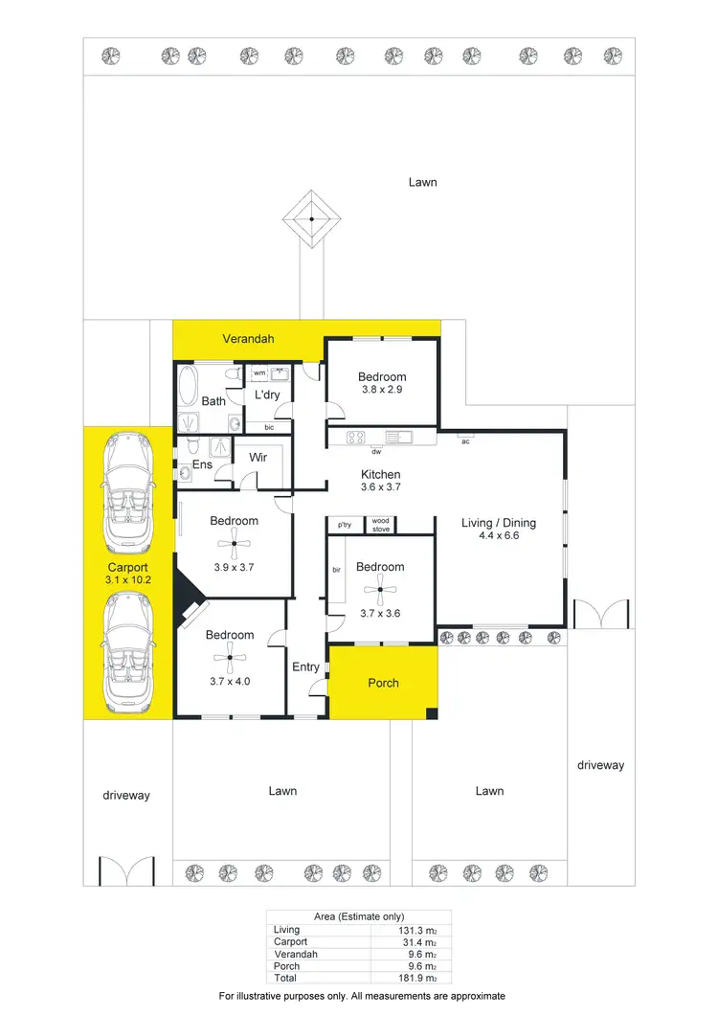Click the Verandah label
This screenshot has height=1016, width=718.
(x=248, y=339)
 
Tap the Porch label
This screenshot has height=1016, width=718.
(x=383, y=683)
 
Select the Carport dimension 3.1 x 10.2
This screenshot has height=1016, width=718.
(x=127, y=580)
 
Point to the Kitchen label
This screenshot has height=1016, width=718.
(x=380, y=474)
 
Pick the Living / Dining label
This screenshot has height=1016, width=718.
(x=499, y=523)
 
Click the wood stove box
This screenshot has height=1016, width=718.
(x=381, y=525)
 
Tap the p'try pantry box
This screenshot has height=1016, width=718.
(x=345, y=525)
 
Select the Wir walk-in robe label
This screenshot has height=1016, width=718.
(x=258, y=458)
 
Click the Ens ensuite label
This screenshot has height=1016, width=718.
(x=202, y=464)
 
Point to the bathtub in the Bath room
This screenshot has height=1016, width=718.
(x=187, y=387)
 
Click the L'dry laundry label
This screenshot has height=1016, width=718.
(x=267, y=395)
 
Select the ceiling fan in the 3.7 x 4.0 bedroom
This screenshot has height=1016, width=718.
(x=230, y=656)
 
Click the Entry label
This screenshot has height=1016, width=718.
(x=306, y=667)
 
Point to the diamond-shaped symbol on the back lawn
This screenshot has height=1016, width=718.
(x=312, y=219)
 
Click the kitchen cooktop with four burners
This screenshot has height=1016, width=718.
(x=356, y=439)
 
